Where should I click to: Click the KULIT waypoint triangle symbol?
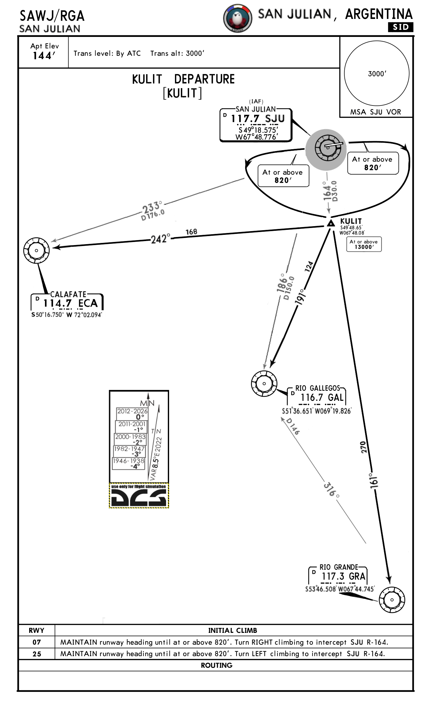(x=331, y=223)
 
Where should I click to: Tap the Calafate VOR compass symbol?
(x=36, y=250)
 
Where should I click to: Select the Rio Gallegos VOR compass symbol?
(x=264, y=383)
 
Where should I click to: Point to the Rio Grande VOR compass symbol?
(x=392, y=600)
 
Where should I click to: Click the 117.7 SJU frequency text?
(x=258, y=119)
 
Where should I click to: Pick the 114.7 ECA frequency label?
(x=70, y=303)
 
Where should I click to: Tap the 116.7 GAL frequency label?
(x=322, y=397)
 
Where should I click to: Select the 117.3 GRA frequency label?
(x=343, y=576)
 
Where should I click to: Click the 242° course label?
(x=160, y=239)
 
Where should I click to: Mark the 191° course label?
(x=301, y=297)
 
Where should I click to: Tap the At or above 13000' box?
(x=364, y=244)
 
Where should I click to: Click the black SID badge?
(x=401, y=27)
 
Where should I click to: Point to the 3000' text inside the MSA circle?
(x=377, y=74)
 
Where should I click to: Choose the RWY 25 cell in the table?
(x=37, y=654)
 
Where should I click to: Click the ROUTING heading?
(x=217, y=665)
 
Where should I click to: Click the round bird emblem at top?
(x=238, y=18)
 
